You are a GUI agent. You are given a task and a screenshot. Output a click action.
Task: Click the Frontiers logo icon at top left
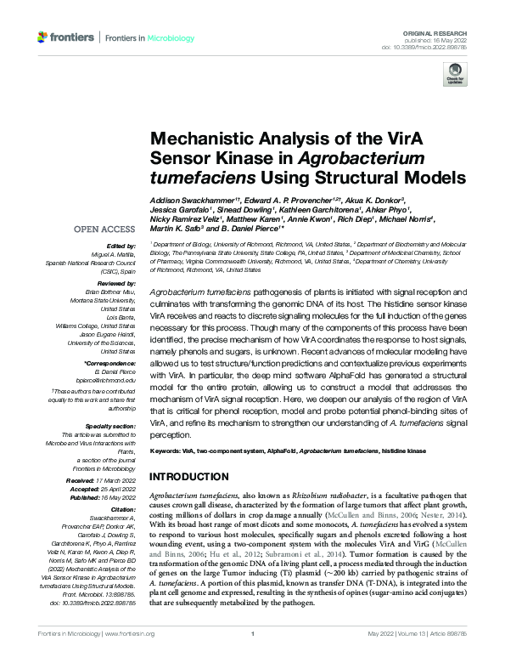[x=42, y=37]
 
